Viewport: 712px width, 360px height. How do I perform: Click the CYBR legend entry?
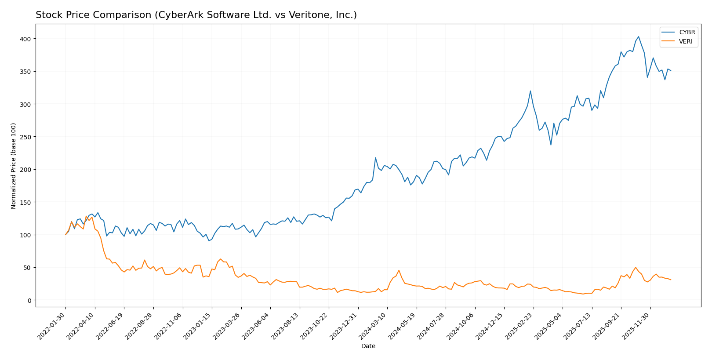click(x=687, y=33)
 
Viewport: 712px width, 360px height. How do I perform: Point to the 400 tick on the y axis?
click(x=25, y=39)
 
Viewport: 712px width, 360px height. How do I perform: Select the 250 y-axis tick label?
click(x=25, y=137)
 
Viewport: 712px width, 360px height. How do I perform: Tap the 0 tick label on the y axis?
click(x=29, y=301)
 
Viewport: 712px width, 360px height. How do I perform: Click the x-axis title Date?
click(x=368, y=346)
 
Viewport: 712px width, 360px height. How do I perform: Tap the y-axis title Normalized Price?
click(x=14, y=166)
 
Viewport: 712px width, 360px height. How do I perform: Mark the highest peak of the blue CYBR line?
click(x=638, y=37)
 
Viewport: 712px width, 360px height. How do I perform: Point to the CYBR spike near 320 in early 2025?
click(x=530, y=91)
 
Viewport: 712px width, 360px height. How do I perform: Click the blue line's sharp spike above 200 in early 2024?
click(x=375, y=158)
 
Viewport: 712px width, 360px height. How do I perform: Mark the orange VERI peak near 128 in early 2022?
click(x=86, y=216)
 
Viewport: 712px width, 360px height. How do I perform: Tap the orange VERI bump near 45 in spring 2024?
click(x=399, y=270)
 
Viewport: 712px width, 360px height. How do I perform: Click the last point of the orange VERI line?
click(x=671, y=280)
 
